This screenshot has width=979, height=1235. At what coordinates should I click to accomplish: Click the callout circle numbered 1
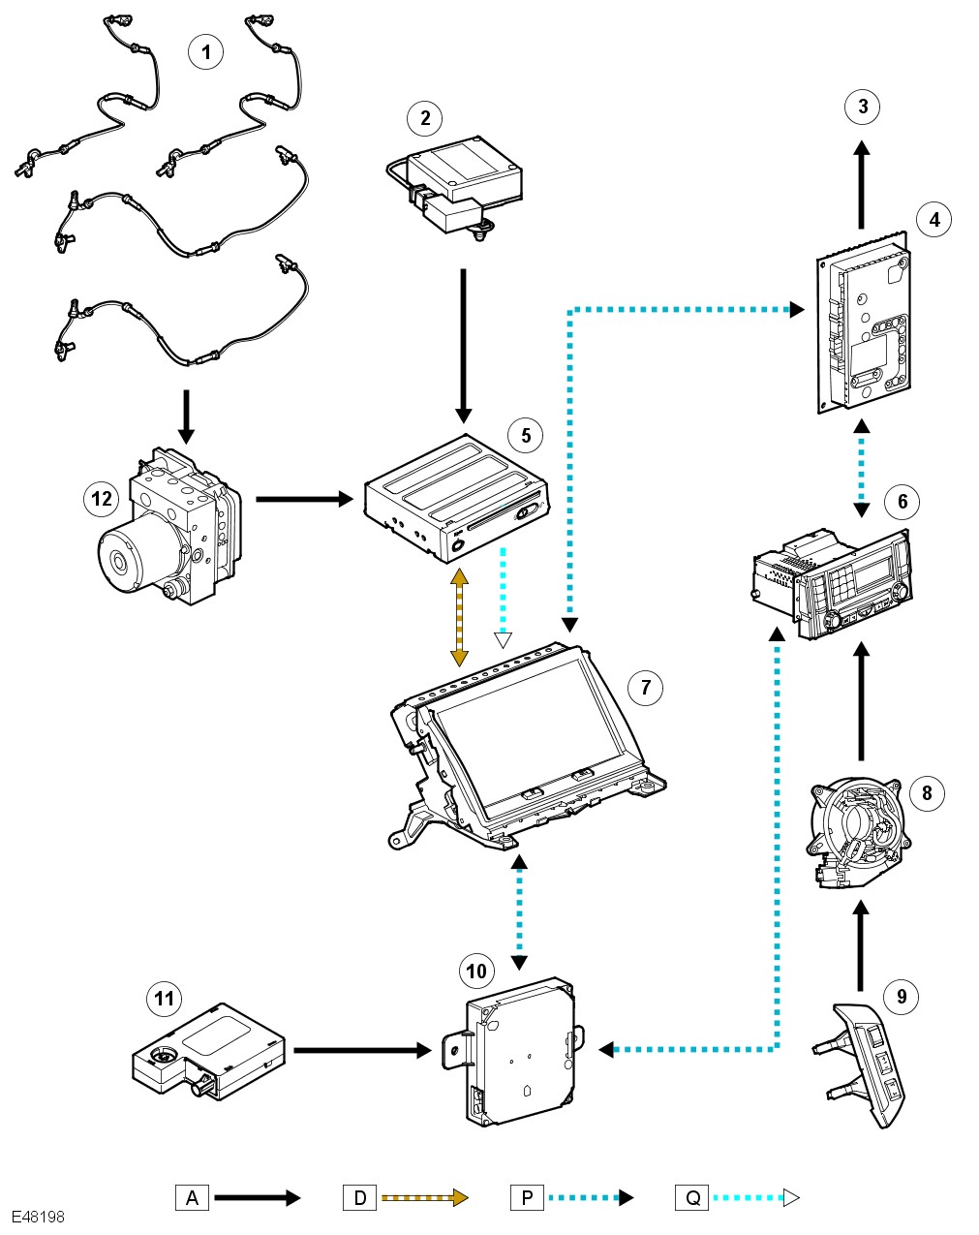point(205,50)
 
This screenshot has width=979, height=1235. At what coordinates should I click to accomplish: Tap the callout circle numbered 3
point(862,106)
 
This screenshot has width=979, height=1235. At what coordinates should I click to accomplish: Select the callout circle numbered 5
point(526,435)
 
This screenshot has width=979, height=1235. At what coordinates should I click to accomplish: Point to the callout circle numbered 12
point(102,499)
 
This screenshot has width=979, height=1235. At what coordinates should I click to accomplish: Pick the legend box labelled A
point(192,1198)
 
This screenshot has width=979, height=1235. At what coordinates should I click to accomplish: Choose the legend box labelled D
point(359,1198)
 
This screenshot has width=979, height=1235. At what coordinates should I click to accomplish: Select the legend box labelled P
point(527,1198)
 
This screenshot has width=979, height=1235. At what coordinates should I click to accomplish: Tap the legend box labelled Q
point(692,1198)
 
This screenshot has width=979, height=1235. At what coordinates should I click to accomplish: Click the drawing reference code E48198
point(39,1217)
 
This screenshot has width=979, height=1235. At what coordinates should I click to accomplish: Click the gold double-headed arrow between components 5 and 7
point(459,617)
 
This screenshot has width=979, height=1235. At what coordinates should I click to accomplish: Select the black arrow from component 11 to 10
point(361,1050)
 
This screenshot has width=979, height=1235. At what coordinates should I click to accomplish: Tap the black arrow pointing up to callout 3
point(861,184)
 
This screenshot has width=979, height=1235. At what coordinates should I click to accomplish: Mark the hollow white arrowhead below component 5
point(503,639)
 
